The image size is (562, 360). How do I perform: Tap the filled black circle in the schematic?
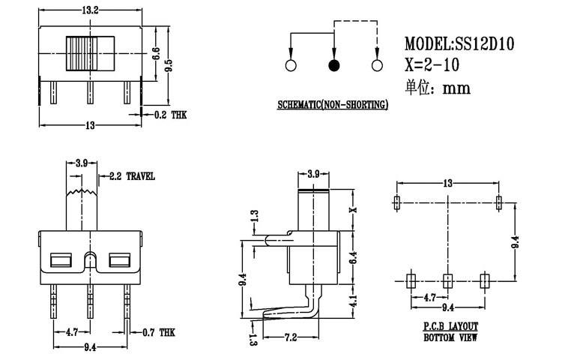333,66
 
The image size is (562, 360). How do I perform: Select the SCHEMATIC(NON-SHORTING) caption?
331,105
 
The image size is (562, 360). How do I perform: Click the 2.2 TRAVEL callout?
131,176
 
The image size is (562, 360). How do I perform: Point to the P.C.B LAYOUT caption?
449,327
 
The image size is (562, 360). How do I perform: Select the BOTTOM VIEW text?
449,337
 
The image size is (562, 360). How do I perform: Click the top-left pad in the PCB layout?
396,202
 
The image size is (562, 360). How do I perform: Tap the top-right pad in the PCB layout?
500,202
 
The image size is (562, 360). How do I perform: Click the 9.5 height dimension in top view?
169,65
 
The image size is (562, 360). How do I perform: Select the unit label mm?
456,88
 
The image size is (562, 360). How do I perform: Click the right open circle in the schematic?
377,66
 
